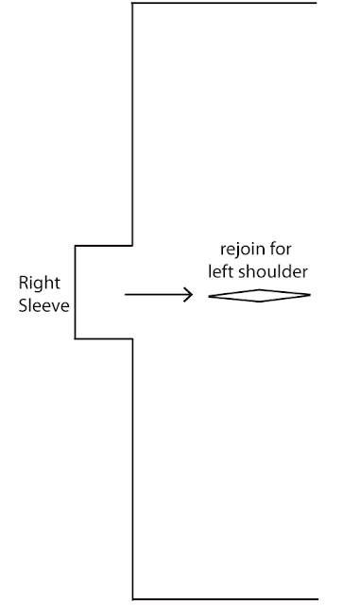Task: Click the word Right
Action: [40, 285]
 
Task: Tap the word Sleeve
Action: [44, 305]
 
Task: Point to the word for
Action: [281, 249]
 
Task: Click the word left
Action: [221, 271]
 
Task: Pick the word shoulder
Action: [273, 271]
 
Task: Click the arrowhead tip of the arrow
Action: [193, 295]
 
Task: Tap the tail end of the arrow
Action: [125, 295]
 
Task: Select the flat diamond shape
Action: [259, 296]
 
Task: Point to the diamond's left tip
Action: [209, 296]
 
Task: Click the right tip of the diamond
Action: [311, 295]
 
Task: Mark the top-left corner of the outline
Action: [132, 3]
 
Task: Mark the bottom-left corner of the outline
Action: [132, 599]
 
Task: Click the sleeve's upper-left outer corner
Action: [75, 246]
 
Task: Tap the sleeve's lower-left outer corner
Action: [75, 338]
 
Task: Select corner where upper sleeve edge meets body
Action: [132, 246]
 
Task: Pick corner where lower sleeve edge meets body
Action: [132, 338]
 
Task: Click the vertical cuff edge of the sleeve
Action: [75, 292]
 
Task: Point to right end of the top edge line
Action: [317, 3]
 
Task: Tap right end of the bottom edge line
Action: [317, 599]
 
